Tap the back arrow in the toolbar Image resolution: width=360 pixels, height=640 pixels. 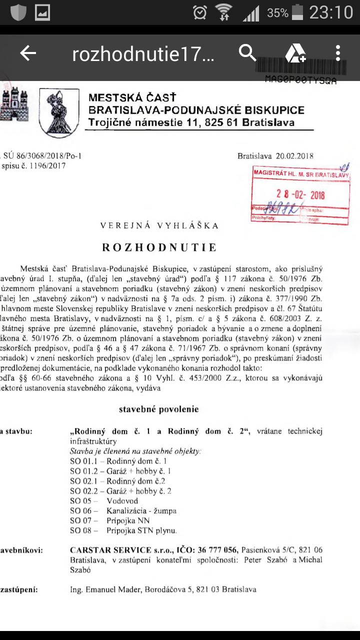28,53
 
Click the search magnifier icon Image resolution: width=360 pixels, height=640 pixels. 247,52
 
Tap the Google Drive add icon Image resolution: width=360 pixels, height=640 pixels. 295,53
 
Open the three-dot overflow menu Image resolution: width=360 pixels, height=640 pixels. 338,53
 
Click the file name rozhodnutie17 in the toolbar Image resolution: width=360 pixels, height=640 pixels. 143,54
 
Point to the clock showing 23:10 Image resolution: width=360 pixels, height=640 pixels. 331,12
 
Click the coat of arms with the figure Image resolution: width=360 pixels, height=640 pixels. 59,110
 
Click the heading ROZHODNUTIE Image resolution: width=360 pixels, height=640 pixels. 159,247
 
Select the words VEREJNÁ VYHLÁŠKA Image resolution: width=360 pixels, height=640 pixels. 159,225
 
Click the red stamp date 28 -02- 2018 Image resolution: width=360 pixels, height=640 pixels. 300,194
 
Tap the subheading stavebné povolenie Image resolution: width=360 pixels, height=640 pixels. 158,409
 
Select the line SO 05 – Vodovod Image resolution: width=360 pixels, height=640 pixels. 104,500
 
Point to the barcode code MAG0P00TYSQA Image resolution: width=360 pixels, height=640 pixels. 300,80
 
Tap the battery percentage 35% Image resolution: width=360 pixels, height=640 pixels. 277,13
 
